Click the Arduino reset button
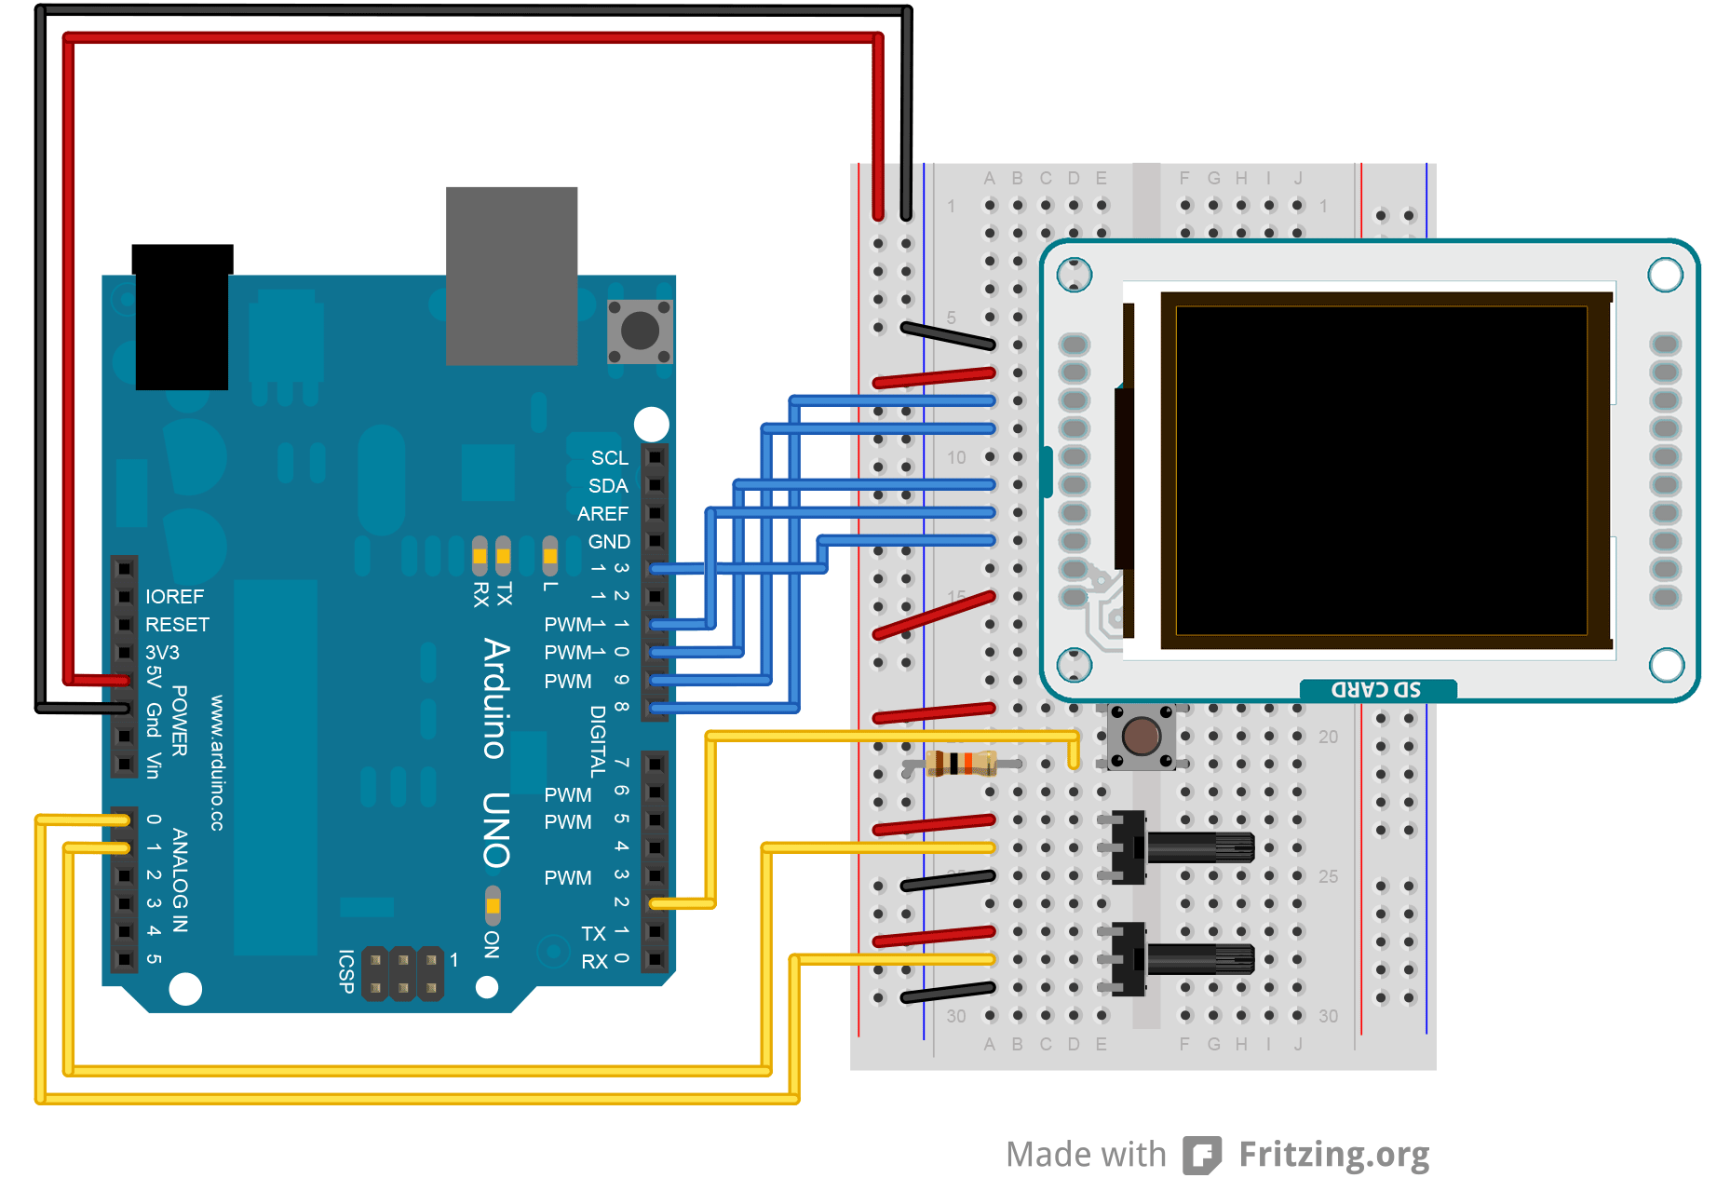point(640,331)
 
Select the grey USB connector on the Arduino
point(511,276)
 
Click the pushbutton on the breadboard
point(1141,737)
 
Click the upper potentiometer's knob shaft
point(1200,847)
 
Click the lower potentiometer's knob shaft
point(1200,958)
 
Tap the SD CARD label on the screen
point(1376,690)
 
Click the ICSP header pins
point(402,973)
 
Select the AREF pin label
point(602,514)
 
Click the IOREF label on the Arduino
point(174,597)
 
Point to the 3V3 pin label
point(162,653)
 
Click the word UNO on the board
point(496,830)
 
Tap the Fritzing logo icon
point(1201,1156)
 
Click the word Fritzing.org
point(1333,1155)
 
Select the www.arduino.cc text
point(217,763)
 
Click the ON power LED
point(493,905)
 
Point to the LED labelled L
point(550,556)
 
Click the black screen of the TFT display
point(1381,470)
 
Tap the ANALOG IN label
point(181,880)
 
